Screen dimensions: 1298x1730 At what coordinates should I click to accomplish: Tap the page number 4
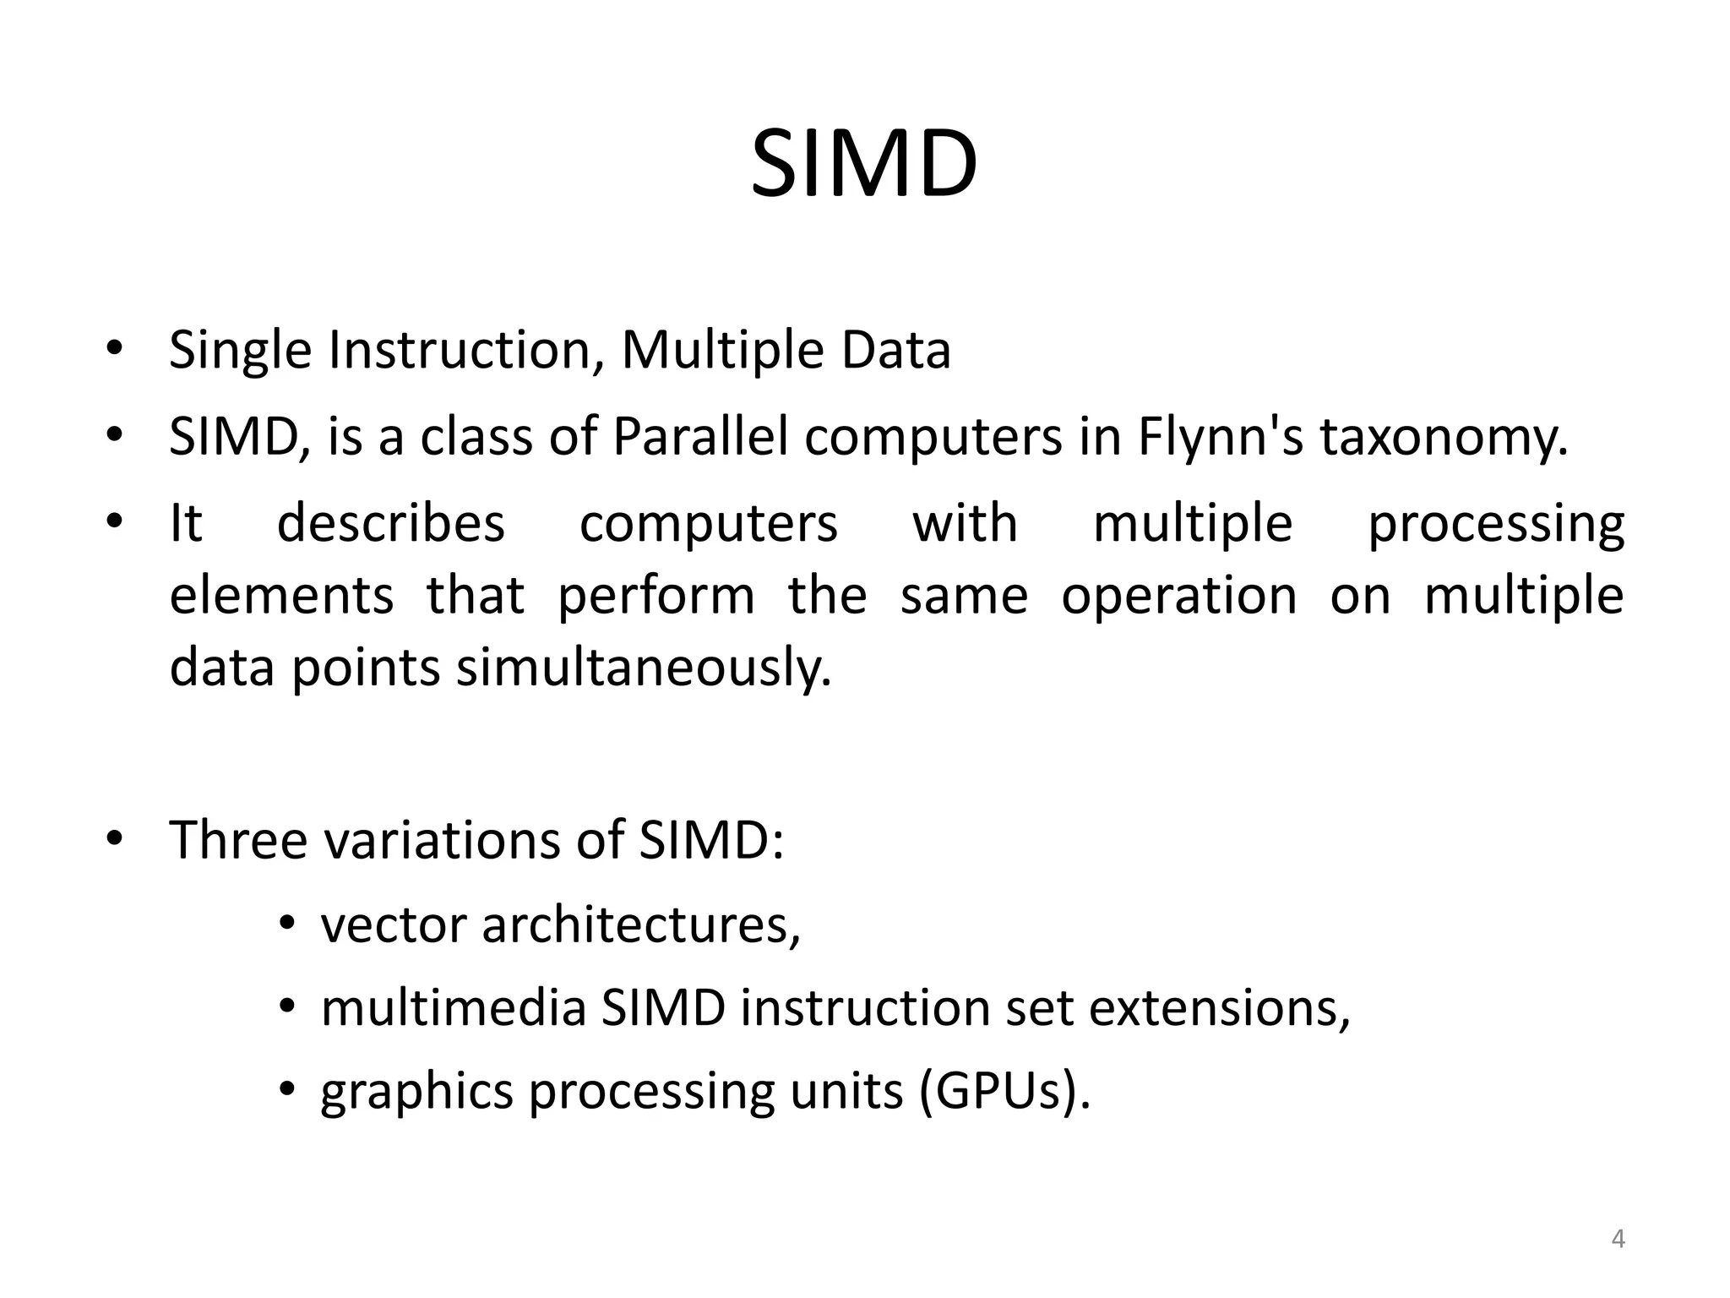pyautogui.click(x=1618, y=1239)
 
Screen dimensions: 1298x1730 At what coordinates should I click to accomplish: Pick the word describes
pyautogui.click(x=391, y=523)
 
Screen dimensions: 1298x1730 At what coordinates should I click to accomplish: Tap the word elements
pyautogui.click(x=281, y=595)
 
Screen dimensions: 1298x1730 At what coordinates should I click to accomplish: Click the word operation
pyautogui.click(x=1178, y=595)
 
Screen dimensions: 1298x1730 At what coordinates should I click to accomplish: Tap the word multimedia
pyautogui.click(x=454, y=1008)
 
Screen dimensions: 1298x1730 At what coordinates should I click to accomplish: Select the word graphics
pyautogui.click(x=416, y=1093)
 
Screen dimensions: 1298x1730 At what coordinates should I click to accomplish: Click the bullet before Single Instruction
pyautogui.click(x=116, y=350)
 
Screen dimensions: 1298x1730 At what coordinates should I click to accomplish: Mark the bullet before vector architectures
pyautogui.click(x=287, y=925)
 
